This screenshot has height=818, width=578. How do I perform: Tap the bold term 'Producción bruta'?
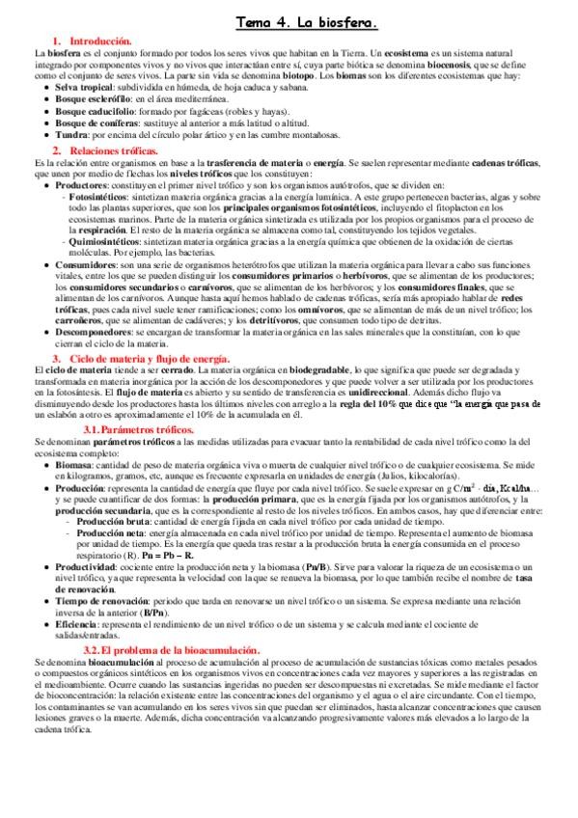119,521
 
